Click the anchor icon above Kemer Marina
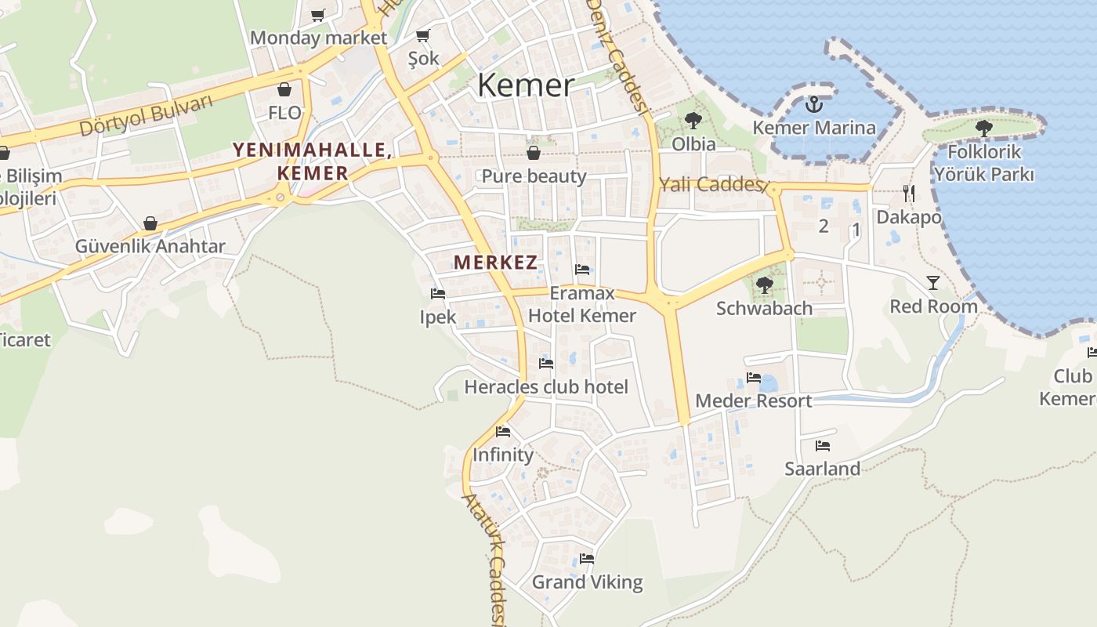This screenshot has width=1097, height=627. (x=814, y=103)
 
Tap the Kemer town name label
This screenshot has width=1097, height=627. (x=526, y=85)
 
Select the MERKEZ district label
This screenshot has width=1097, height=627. (x=495, y=263)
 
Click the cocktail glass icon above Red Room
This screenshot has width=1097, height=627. (x=932, y=282)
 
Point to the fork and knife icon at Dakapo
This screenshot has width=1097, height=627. (x=908, y=193)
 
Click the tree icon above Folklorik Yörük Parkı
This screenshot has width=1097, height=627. (x=984, y=128)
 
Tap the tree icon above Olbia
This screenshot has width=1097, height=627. (x=693, y=120)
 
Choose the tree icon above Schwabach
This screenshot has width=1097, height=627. (x=764, y=285)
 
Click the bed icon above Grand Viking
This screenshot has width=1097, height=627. (x=587, y=559)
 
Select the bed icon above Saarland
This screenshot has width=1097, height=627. (x=822, y=446)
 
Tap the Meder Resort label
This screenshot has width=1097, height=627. (x=754, y=400)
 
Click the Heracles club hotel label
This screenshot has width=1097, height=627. (x=546, y=386)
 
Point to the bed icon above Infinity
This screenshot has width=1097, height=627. (x=503, y=431)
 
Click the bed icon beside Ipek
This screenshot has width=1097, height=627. (x=438, y=294)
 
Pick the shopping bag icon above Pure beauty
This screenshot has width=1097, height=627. (x=534, y=152)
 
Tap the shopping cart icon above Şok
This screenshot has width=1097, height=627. (x=423, y=35)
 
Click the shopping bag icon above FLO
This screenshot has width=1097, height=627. (x=284, y=89)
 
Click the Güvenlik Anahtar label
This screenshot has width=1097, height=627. (x=150, y=246)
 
